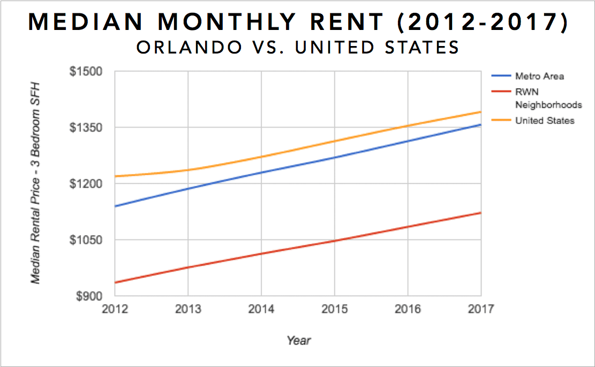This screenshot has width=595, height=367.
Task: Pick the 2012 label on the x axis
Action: click(115, 310)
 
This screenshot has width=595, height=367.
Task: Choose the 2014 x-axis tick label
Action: click(261, 310)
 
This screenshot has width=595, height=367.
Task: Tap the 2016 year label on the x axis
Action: click(408, 310)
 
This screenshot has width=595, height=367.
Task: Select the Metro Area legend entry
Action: click(539, 76)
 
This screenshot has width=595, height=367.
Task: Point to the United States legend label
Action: click(545, 121)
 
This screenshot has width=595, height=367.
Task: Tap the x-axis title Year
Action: click(298, 340)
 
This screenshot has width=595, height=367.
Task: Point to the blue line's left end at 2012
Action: click(116, 206)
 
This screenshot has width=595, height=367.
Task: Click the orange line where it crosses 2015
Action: click(335, 141)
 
